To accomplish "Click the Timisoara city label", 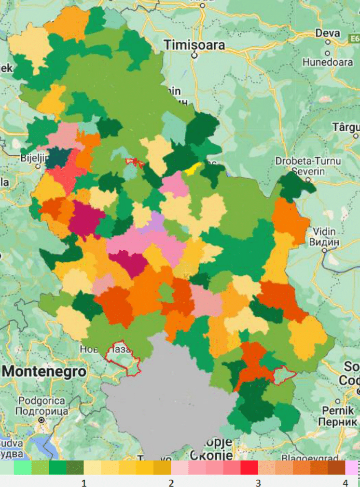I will [194, 45].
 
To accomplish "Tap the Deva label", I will [328, 33].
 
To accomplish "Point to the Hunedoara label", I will [328, 62].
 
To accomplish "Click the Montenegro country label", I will [44, 372].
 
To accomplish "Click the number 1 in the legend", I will [84, 483].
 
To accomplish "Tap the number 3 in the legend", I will [258, 483].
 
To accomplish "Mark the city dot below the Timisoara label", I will [194, 55].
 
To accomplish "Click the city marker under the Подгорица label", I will [42, 419].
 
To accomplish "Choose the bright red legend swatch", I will [249, 468].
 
